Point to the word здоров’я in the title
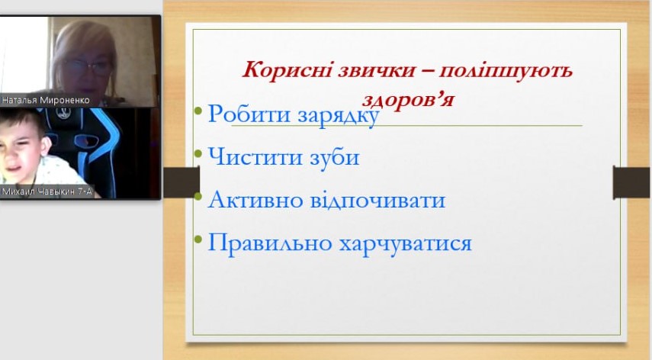click(408, 99)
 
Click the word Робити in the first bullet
click(249, 113)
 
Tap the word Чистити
click(255, 156)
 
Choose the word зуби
click(335, 156)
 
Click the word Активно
click(255, 199)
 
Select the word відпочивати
click(378, 200)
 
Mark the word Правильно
click(269, 242)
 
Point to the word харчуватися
click(406, 243)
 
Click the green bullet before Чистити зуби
click(198, 153)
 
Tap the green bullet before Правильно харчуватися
click(198, 239)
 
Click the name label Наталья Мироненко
click(45, 100)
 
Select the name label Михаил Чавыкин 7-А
click(47, 191)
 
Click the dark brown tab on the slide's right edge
click(631, 182)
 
